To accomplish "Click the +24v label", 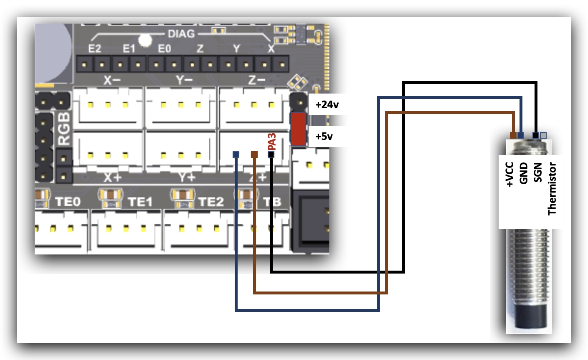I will [x=327, y=105].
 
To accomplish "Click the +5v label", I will [x=324, y=137].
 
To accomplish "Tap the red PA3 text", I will [x=272, y=142].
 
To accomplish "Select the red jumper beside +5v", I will [x=298, y=129].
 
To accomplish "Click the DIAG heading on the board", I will [x=181, y=34].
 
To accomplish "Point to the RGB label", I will [x=64, y=128].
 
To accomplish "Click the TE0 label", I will [x=68, y=202].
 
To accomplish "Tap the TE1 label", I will [x=140, y=202].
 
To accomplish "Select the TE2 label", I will [x=211, y=202].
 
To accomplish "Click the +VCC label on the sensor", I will [x=509, y=175].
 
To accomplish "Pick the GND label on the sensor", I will [x=524, y=173].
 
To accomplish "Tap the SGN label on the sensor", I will [x=538, y=173].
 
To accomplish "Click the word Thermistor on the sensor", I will [x=552, y=189].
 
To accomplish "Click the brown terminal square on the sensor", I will [x=513, y=135].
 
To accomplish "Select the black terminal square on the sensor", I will [x=535, y=135].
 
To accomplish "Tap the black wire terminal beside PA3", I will [x=271, y=155].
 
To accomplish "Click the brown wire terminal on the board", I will [x=254, y=155].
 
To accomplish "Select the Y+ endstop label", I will [x=187, y=177].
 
